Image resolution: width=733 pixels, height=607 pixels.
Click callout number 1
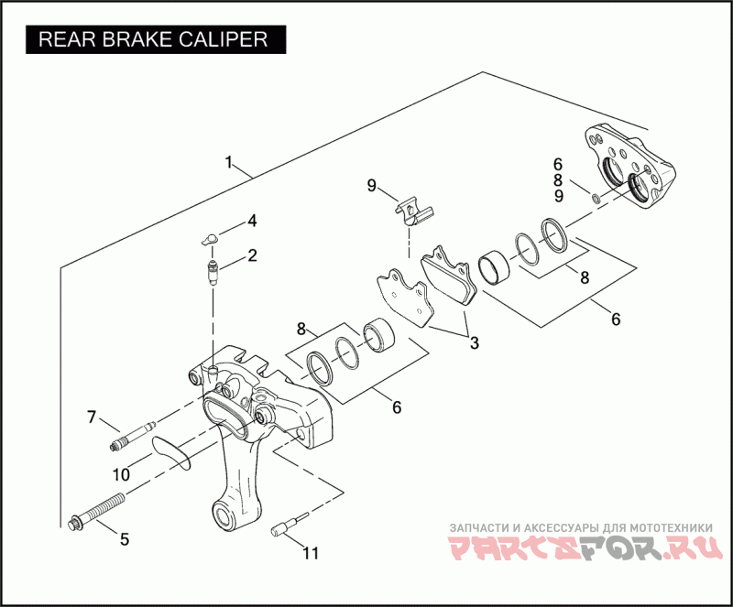click(x=228, y=163)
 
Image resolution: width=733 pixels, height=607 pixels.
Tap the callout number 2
click(x=252, y=255)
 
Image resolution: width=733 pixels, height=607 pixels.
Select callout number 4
click(x=252, y=222)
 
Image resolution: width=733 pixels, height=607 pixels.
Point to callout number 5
click(x=125, y=539)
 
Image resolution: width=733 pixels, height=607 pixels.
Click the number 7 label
click(x=92, y=418)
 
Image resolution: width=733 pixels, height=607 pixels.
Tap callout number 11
click(x=312, y=553)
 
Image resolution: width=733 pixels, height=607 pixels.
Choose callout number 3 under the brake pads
click(x=474, y=343)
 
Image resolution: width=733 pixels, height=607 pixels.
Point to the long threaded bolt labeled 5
click(x=98, y=508)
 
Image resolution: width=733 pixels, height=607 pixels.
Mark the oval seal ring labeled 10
click(x=169, y=451)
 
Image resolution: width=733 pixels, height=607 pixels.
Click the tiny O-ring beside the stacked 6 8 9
click(x=596, y=198)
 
